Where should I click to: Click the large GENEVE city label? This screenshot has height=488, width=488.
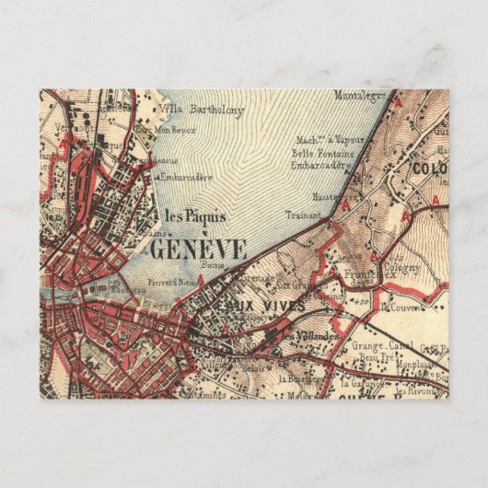click(x=197, y=248)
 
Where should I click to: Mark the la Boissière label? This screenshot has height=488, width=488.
click(x=296, y=378)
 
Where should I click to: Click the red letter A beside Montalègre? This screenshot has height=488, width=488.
click(x=399, y=104)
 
